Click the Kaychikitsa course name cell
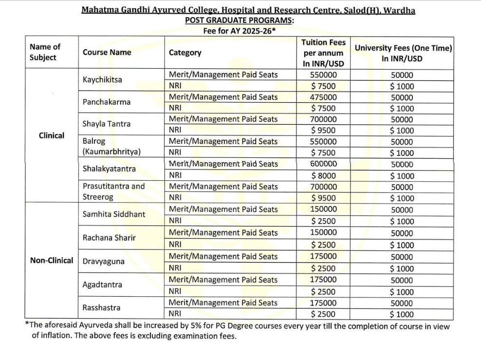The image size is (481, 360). (x=102, y=80)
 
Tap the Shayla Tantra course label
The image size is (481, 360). (x=106, y=124)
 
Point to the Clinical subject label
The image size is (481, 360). (x=51, y=135)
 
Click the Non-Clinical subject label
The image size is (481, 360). (x=52, y=260)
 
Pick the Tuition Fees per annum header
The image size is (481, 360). (x=323, y=53)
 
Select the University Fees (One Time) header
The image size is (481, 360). (x=403, y=53)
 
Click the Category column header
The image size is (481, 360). (x=185, y=53)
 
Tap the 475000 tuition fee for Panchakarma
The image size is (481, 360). (x=323, y=97)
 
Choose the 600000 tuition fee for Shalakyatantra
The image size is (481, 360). (x=323, y=164)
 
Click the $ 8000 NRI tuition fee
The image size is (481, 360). (x=323, y=175)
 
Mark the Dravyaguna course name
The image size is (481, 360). (x=103, y=262)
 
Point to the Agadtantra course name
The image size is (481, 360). (x=102, y=284)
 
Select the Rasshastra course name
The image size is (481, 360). (x=101, y=308)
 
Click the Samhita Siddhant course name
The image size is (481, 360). (x=114, y=214)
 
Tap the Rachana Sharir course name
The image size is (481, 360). (x=109, y=238)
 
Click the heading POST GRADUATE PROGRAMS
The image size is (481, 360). (x=239, y=20)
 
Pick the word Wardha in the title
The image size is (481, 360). (x=399, y=10)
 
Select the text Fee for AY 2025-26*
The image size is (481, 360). (x=240, y=30)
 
